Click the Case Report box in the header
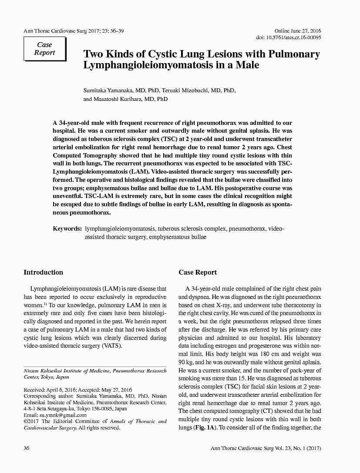pyautogui.click(x=44, y=49)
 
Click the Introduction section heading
pyautogui.click(x=43, y=272)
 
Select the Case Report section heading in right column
pyautogui.click(x=198, y=272)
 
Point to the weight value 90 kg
pyautogui.click(x=185, y=362)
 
